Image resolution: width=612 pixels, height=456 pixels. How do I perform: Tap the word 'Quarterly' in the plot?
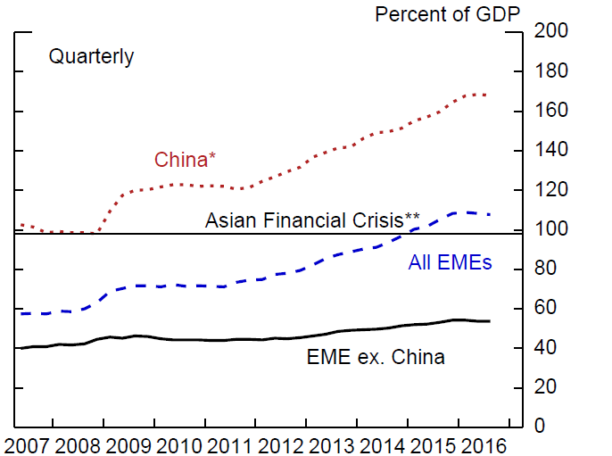(91, 57)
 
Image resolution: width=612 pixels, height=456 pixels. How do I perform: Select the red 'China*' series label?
(186, 160)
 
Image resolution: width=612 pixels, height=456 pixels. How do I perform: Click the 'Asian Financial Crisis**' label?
(313, 220)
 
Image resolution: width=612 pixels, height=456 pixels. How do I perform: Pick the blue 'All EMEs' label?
(451, 262)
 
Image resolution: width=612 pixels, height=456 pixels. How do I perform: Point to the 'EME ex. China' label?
(376, 359)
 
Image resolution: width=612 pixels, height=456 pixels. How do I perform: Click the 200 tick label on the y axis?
(550, 32)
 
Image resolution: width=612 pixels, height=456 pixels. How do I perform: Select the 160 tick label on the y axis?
(550, 112)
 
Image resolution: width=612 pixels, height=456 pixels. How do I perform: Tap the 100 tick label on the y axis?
(550, 229)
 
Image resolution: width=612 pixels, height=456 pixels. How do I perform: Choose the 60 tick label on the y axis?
(545, 308)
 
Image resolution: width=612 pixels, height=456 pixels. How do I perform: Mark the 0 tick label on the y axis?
(540, 426)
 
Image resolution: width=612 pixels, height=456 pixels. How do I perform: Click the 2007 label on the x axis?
(28, 444)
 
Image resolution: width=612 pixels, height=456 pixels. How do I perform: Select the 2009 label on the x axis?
(129, 444)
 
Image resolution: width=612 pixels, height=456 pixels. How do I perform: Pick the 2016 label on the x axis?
(484, 444)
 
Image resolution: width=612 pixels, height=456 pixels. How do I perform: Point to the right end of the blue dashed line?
(490, 214)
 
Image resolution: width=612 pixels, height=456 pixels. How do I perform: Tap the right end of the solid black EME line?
(490, 320)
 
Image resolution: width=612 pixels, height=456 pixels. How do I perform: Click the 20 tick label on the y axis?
(545, 386)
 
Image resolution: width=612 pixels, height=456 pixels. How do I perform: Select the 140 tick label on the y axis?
(550, 151)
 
